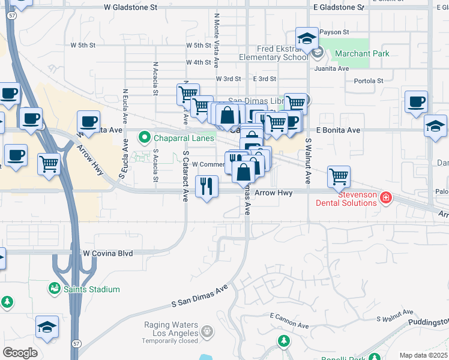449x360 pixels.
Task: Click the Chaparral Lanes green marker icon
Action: tap(145, 138)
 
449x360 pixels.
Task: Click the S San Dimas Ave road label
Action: tap(200, 296)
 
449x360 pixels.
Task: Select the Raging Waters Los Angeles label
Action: tap(170, 329)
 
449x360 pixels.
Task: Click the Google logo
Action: tap(20, 352)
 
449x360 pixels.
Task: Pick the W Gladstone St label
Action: tap(130, 8)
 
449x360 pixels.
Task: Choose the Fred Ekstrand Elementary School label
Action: tap(273, 53)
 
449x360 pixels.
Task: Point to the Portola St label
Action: tap(369, 81)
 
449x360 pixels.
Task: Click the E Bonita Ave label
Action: tap(338, 130)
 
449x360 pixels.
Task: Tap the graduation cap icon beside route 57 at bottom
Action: tap(47, 326)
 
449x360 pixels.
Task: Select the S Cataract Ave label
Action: tap(186, 176)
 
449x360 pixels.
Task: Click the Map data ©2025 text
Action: tap(423, 355)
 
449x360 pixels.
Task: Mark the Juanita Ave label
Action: tap(335, 68)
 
